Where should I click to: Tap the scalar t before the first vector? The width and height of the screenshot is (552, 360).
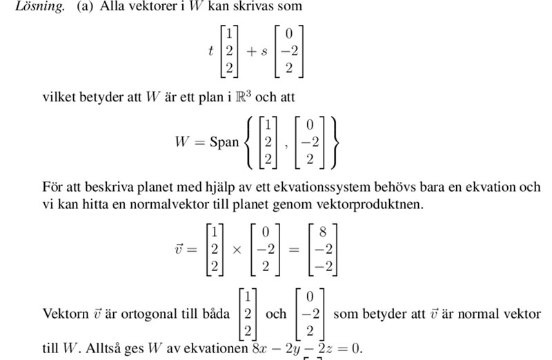click(210, 51)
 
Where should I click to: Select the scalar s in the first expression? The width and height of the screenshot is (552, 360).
click(263, 52)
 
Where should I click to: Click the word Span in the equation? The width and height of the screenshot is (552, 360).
click(224, 142)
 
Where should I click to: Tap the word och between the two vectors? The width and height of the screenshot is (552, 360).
click(276, 314)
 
